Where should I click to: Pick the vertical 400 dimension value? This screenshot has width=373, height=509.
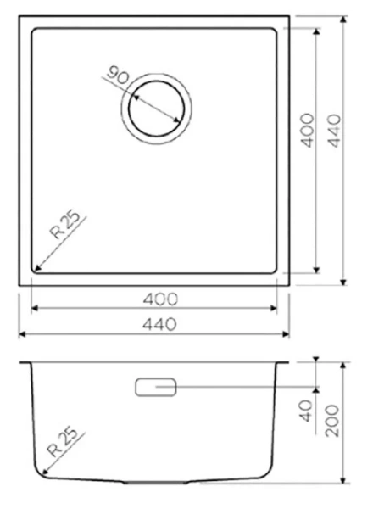coord(308,129)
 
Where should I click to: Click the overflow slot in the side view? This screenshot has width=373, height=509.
coord(155,387)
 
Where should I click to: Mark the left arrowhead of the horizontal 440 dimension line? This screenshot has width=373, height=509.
coord(21,333)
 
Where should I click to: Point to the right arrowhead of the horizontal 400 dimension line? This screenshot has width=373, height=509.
coord(278,309)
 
